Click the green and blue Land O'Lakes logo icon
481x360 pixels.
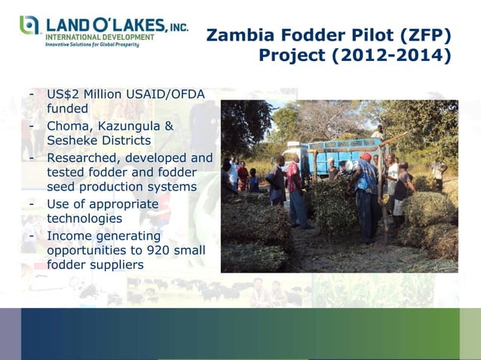tap(30, 25)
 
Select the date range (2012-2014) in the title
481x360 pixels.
tap(398, 56)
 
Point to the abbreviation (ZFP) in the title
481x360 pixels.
tap(425, 35)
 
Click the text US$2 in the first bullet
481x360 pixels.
tap(63, 95)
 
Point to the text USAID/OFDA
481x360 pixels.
tap(167, 95)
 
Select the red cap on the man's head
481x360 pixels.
tap(366, 157)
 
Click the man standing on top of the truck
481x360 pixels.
tap(378, 136)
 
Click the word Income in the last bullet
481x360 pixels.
tap(72, 235)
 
